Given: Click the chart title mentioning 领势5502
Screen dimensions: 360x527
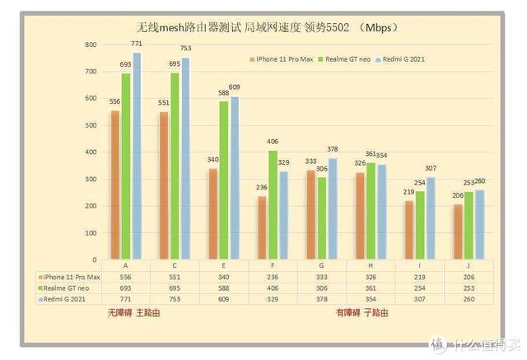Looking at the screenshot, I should [267, 27].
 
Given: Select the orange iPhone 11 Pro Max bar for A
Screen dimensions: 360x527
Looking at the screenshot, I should [115, 185].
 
